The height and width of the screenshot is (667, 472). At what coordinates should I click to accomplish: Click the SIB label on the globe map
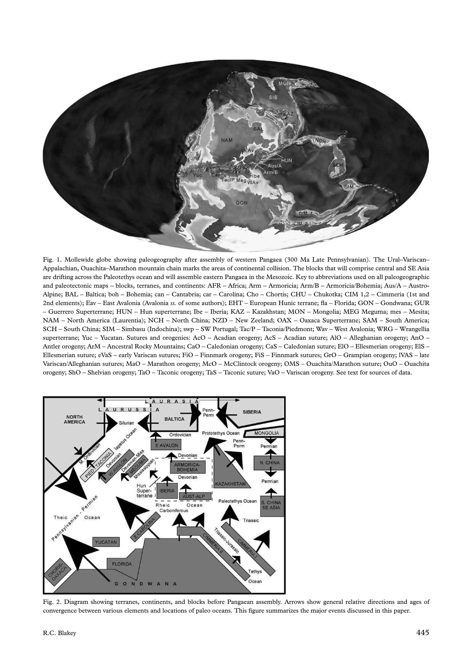tap(273, 98)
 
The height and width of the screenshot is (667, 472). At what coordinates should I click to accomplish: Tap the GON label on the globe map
tap(241, 203)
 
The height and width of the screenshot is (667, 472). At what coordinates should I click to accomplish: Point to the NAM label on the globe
tap(227, 140)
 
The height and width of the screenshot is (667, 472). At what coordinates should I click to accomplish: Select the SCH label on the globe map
tap(338, 165)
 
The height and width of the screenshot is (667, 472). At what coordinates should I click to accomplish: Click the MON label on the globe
tap(284, 83)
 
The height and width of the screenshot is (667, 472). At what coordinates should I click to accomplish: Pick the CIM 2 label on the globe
tap(301, 224)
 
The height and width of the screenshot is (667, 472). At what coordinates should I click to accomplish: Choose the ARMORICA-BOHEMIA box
tap(188, 467)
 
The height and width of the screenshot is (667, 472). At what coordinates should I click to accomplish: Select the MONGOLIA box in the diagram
tap(264, 433)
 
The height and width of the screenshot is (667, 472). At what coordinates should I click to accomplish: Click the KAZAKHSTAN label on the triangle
tap(230, 484)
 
